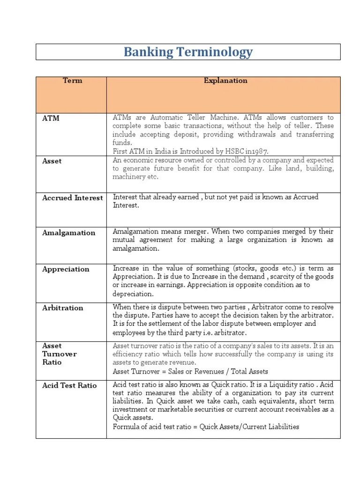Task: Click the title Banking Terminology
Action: (188, 52)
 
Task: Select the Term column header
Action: (72, 81)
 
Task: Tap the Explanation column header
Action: (225, 81)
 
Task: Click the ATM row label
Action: (51, 118)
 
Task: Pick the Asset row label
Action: (52, 161)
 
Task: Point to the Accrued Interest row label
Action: (72, 198)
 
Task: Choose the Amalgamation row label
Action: (68, 232)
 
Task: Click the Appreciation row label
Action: (66, 269)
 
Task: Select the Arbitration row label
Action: (63, 307)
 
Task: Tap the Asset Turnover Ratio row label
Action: (59, 354)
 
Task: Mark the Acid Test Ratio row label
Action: (69, 385)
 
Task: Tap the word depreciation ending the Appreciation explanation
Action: (133, 294)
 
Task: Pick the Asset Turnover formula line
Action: (190, 371)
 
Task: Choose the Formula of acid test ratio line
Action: (206, 427)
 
